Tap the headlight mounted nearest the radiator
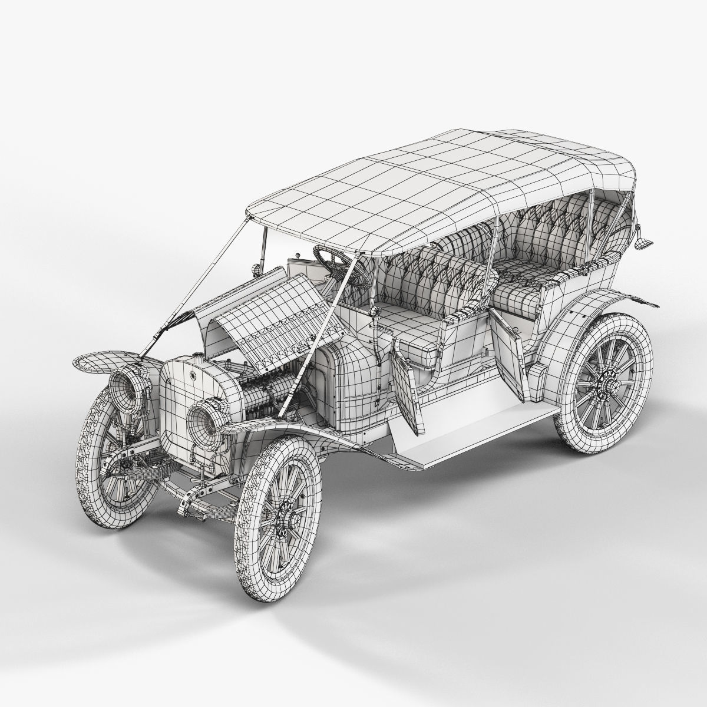click(206, 415)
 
